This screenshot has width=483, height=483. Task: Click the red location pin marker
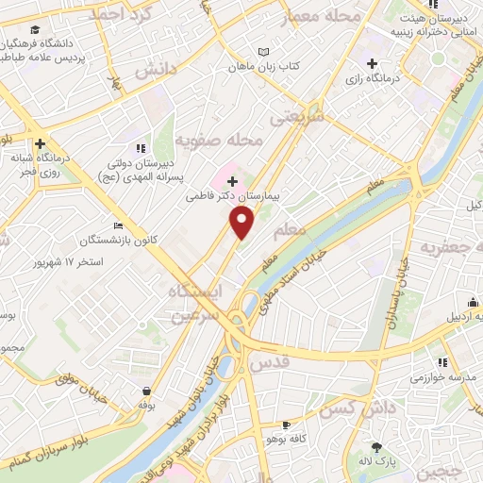tap(242, 223)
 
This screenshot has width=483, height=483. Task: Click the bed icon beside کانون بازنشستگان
tap(117, 226)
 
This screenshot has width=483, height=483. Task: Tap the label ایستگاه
tap(199, 292)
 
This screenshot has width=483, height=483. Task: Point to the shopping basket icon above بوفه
tap(147, 391)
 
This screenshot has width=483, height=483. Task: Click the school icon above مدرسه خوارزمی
tap(441, 362)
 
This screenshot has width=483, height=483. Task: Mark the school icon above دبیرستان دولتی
tap(141, 148)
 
